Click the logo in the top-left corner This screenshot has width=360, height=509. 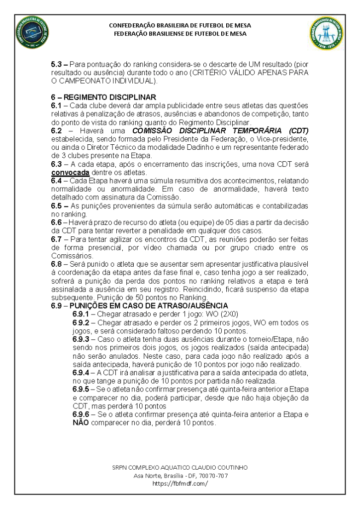[x=33, y=33]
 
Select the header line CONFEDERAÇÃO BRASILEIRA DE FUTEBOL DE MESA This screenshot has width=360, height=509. [x=180, y=25]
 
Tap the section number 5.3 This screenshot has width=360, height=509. [x=58, y=65]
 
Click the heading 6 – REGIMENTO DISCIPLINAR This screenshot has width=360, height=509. [x=103, y=97]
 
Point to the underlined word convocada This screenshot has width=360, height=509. [x=70, y=172]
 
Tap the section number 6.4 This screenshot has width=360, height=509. [x=57, y=181]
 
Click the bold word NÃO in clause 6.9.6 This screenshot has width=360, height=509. [x=81, y=423]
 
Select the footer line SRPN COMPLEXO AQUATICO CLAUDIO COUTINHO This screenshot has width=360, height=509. [x=180, y=468]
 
